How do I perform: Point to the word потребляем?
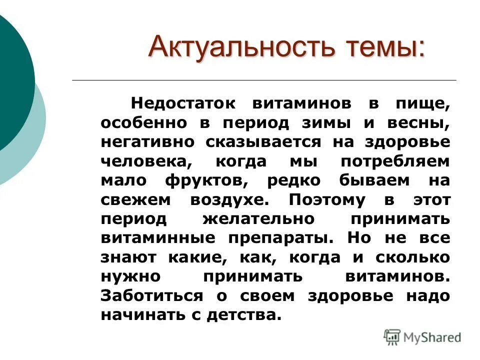(x=395, y=161)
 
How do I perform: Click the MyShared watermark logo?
(x=422, y=337)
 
